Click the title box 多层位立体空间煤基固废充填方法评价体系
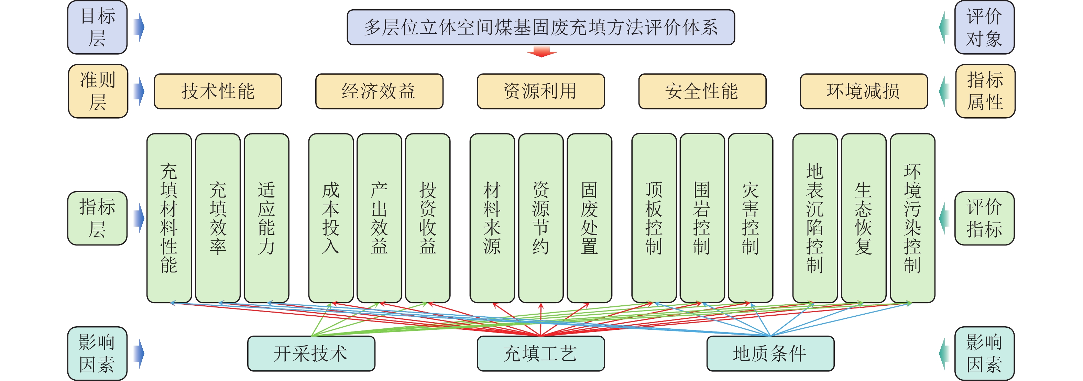pyautogui.click(x=541, y=27)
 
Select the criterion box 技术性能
pyautogui.click(x=218, y=91)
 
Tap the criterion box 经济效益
pyautogui.click(x=379, y=91)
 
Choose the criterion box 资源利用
pyautogui.click(x=541, y=91)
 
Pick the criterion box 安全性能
pyautogui.click(x=702, y=91)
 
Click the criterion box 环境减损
pyautogui.click(x=864, y=91)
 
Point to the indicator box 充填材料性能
pyautogui.click(x=169, y=218)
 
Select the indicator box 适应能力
pyautogui.click(x=266, y=218)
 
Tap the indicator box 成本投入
pyautogui.click(x=331, y=218)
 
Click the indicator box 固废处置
pyautogui.click(x=589, y=218)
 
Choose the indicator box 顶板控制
pyautogui.click(x=654, y=218)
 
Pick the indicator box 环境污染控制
pyautogui.click(x=912, y=218)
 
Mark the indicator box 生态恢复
pyautogui.click(x=864, y=218)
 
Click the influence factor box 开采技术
pyautogui.click(x=311, y=353)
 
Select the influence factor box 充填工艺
pyautogui.click(x=541, y=353)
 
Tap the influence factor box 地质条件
pyautogui.click(x=770, y=353)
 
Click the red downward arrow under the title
pyautogui.click(x=541, y=52)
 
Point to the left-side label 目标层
pyautogui.click(x=98, y=27)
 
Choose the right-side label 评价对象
pyautogui.click(x=984, y=27)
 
